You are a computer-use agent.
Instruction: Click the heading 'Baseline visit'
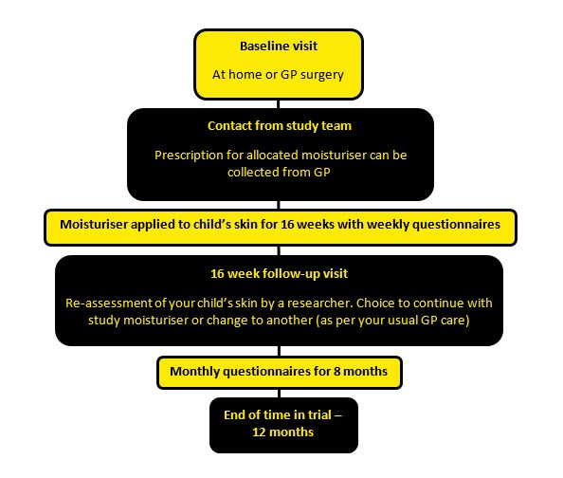pyautogui.click(x=279, y=46)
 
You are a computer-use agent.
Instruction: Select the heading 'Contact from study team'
pyautogui.click(x=280, y=126)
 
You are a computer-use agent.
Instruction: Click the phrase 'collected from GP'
pyautogui.click(x=279, y=173)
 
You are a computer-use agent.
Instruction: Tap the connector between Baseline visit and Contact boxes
pyautogui.click(x=279, y=104)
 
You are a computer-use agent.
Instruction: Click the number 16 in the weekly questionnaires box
pyautogui.click(x=287, y=224)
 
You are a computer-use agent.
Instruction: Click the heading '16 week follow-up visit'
pyautogui.click(x=279, y=274)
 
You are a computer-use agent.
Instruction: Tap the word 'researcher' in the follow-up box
pyautogui.click(x=319, y=303)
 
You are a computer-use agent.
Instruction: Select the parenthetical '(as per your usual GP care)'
pyautogui.click(x=392, y=321)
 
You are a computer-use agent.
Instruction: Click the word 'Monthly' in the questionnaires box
pyautogui.click(x=194, y=372)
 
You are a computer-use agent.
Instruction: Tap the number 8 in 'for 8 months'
pyautogui.click(x=337, y=371)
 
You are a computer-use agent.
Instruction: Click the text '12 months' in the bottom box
pyautogui.click(x=283, y=432)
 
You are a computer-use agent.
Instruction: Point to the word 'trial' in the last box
pyautogui.click(x=319, y=415)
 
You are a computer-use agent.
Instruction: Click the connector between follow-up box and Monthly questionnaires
pyautogui.click(x=279, y=351)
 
